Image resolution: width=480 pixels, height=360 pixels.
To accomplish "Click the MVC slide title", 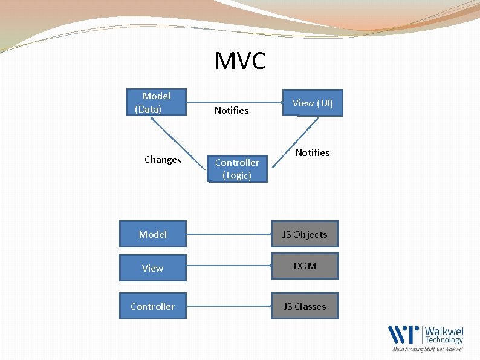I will pos(240,61).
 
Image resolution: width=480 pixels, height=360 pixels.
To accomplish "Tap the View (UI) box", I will pos(313,103).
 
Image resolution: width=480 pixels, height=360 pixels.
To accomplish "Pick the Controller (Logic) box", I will pos(237,169).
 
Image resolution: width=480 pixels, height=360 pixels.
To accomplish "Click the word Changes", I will pos(163,160).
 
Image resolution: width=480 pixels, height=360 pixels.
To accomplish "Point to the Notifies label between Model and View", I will pos(232,110).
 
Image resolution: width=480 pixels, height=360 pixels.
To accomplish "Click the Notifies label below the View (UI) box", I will pos(313,152).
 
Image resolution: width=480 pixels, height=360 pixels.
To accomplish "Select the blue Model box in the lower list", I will pos(152,234).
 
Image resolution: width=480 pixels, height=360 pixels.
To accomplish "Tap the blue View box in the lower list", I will pos(152,268).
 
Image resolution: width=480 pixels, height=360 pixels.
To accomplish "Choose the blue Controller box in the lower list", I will pos(152,306).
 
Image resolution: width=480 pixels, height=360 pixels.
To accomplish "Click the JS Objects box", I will pos(305,234).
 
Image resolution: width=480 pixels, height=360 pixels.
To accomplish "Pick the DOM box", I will pos(305,266).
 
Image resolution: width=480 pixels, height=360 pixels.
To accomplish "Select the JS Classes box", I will pos(305,306).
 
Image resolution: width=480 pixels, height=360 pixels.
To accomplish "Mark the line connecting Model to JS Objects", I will pos(229,233).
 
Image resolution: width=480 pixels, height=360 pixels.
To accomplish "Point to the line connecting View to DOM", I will pos(229,267).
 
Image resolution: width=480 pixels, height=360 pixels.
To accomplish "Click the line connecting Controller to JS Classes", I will pos(229,306).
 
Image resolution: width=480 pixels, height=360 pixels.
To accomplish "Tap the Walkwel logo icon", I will pos(404,335).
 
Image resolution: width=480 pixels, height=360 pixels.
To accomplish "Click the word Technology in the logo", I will pos(444,340).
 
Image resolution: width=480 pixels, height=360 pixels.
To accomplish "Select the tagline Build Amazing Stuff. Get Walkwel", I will pos(428,349).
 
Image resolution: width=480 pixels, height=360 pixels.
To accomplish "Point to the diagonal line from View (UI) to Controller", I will pos(294,142).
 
